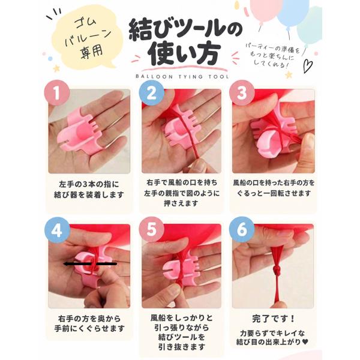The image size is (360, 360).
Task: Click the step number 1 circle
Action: pyautogui.click(x=57, y=93)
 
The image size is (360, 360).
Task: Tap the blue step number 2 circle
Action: pyautogui.click(x=152, y=93)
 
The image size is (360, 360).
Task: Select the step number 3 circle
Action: pyautogui.click(x=242, y=93)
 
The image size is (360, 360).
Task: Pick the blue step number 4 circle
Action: pyautogui.click(x=57, y=230)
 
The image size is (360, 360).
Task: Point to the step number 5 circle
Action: pyautogui.click(x=152, y=230)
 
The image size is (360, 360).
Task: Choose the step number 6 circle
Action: pyautogui.click(x=242, y=230)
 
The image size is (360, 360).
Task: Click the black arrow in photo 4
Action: pyautogui.click(x=90, y=264)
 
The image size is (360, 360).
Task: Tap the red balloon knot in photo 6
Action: pyautogui.click(x=276, y=272)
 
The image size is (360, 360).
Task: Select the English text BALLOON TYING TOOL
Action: pyautogui.click(x=182, y=77)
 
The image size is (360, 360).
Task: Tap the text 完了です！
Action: pyautogui.click(x=273, y=319)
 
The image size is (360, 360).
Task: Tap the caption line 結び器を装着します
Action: pyautogui.click(x=89, y=194)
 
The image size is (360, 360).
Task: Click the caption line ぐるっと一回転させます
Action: pyautogui.click(x=274, y=193)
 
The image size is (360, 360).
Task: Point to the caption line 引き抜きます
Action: pyautogui.click(x=181, y=346)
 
